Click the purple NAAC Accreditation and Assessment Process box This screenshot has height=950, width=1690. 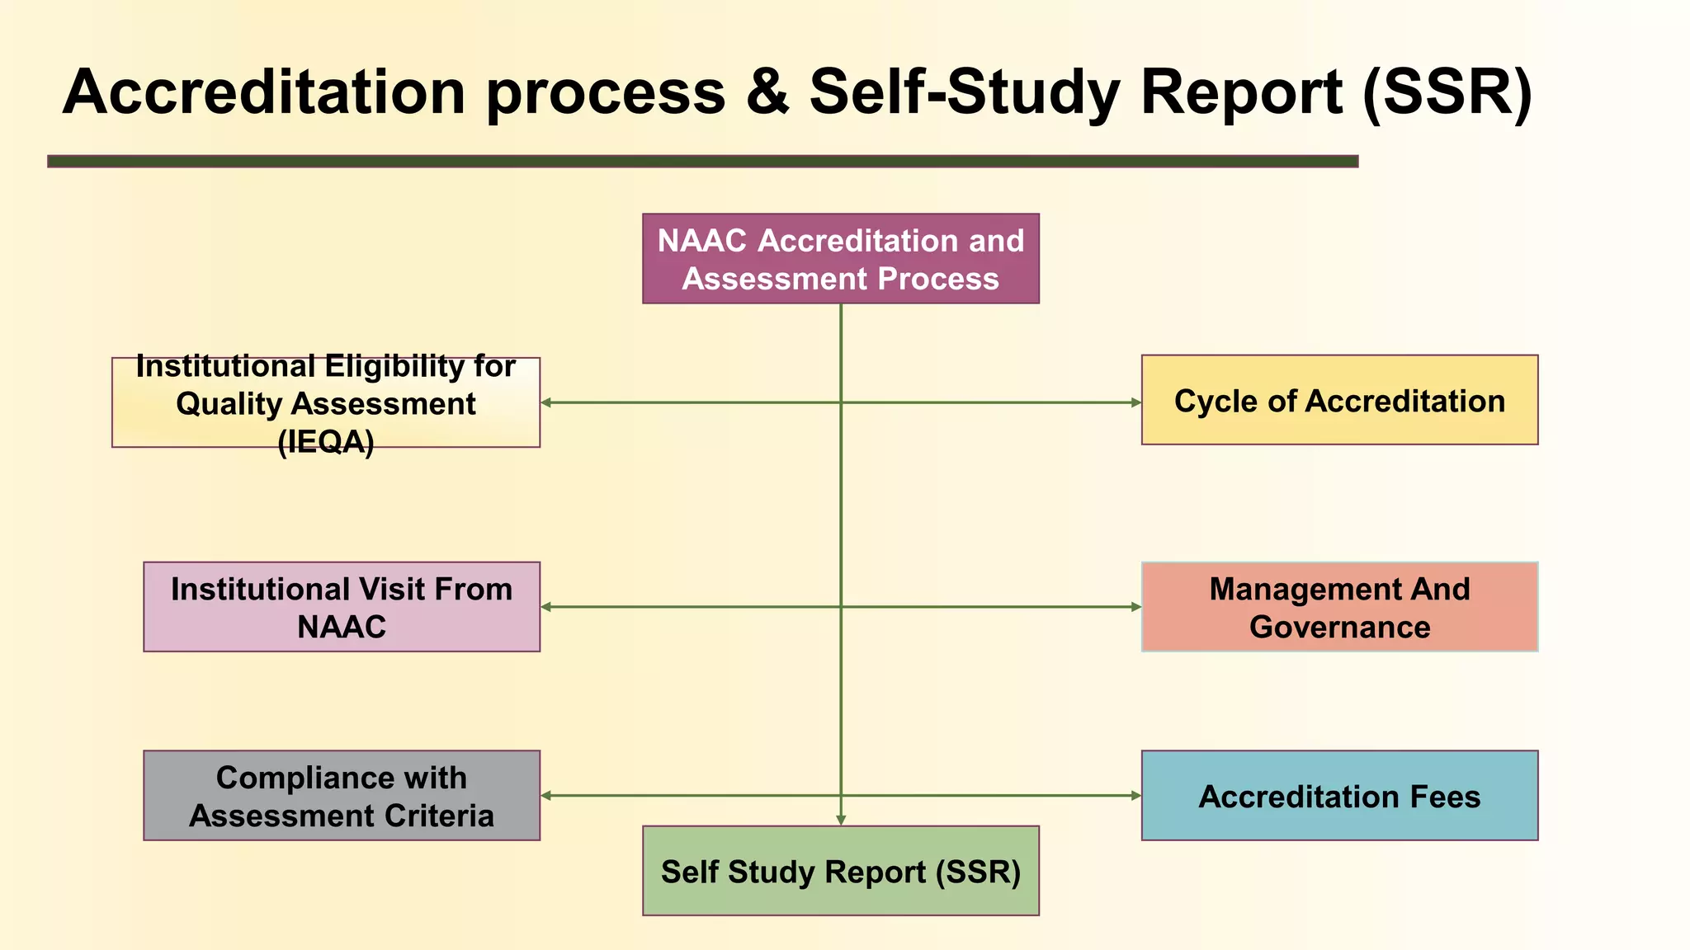[840, 259]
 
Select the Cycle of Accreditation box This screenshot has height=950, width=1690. [1339, 401]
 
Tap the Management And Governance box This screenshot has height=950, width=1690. [1339, 608]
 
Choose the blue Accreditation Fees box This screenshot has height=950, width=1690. [1339, 796]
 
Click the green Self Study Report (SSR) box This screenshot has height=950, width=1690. [840, 871]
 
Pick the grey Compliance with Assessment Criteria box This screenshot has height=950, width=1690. [342, 796]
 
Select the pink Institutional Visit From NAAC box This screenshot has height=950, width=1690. [342, 608]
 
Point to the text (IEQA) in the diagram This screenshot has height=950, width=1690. [326, 443]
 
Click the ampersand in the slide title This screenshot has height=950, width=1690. [767, 92]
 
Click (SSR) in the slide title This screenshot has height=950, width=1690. [1447, 93]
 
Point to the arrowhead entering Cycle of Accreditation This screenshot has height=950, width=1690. [1135, 402]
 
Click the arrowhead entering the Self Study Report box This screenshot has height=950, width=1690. [841, 820]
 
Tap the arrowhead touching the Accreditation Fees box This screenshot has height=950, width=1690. [1135, 796]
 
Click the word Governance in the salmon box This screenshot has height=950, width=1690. [1339, 628]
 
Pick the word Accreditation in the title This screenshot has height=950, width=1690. [264, 92]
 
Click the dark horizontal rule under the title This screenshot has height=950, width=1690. [702, 162]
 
